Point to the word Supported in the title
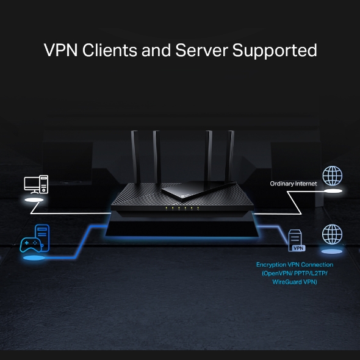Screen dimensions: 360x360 pyautogui.click(x=275, y=51)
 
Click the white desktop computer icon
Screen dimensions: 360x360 pyautogui.click(x=35, y=184)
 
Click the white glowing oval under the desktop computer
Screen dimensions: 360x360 pyautogui.click(x=35, y=200)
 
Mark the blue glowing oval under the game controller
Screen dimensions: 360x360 pyautogui.click(x=35, y=257)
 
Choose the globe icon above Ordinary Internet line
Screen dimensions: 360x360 pyautogui.click(x=332, y=176)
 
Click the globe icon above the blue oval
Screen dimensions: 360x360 pyautogui.click(x=332, y=234)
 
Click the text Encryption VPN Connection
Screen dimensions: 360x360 pyautogui.click(x=295, y=265)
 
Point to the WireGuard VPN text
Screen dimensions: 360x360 pyautogui.click(x=295, y=282)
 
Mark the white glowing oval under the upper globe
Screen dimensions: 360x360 pyautogui.click(x=332, y=191)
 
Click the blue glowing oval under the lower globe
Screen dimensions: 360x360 pyautogui.click(x=332, y=251)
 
